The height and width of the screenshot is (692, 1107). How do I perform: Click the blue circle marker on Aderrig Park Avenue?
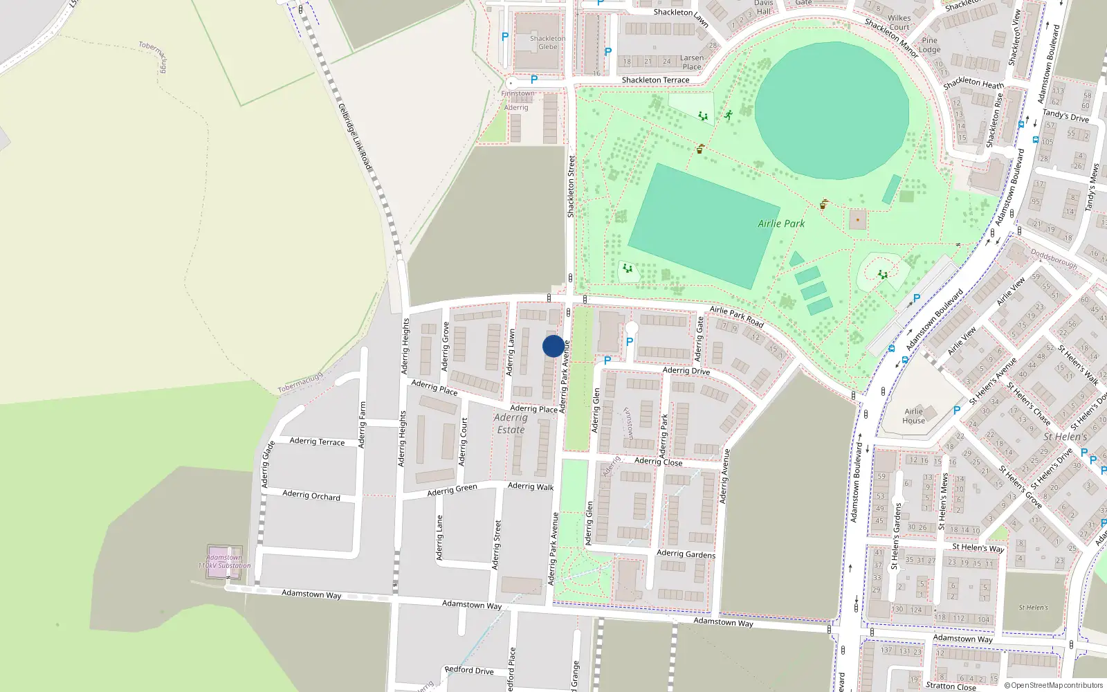coord(553,346)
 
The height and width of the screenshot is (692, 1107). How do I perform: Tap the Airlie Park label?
coord(781,224)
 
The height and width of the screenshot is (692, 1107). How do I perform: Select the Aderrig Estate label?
coord(511,424)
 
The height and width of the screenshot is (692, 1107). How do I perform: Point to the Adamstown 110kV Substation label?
coord(225,561)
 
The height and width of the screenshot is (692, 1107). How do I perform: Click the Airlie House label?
coord(913,416)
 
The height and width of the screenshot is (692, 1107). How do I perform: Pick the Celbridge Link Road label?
coord(356,137)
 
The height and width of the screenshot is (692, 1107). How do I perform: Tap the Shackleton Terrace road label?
coord(655,80)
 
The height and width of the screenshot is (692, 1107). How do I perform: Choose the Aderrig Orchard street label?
coord(311,495)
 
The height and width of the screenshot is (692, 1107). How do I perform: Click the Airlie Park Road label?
coord(737,317)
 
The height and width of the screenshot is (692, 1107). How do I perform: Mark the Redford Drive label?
coord(469,670)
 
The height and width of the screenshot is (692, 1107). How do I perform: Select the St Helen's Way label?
coord(978,547)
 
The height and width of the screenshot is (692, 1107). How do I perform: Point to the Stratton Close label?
coord(951,686)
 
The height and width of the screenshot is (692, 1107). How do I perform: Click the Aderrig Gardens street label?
coord(686,554)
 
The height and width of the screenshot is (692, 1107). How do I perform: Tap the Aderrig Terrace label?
coord(317,441)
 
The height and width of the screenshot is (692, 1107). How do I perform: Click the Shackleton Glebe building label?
coord(547,43)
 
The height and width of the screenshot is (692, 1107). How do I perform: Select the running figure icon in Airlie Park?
coord(729,114)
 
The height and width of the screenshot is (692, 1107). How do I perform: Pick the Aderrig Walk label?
coord(531,486)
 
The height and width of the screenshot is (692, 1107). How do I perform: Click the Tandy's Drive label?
coord(1065,116)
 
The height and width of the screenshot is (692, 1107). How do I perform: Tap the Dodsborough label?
coord(1054,259)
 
